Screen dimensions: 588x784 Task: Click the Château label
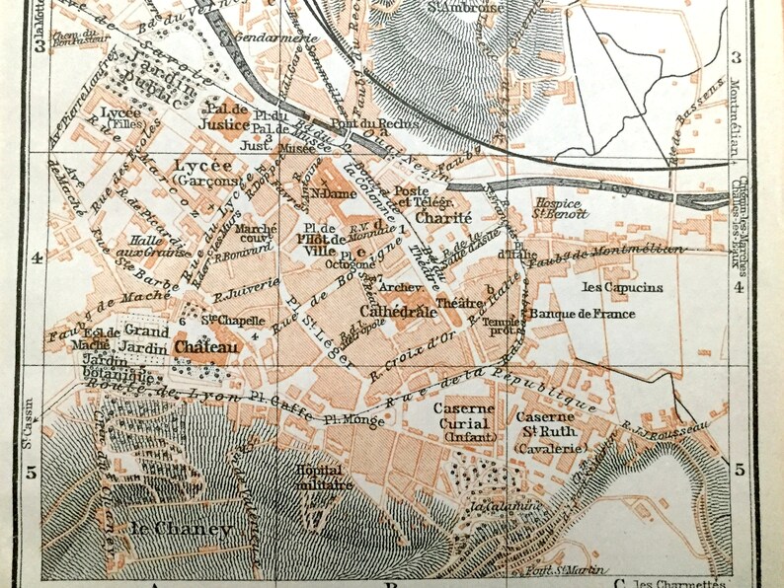coord(201,346)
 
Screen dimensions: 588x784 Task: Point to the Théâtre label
coord(452,304)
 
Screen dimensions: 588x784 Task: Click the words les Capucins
coord(622,287)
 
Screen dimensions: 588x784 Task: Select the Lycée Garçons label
coord(202,173)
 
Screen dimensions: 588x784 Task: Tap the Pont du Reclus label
coord(358,124)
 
